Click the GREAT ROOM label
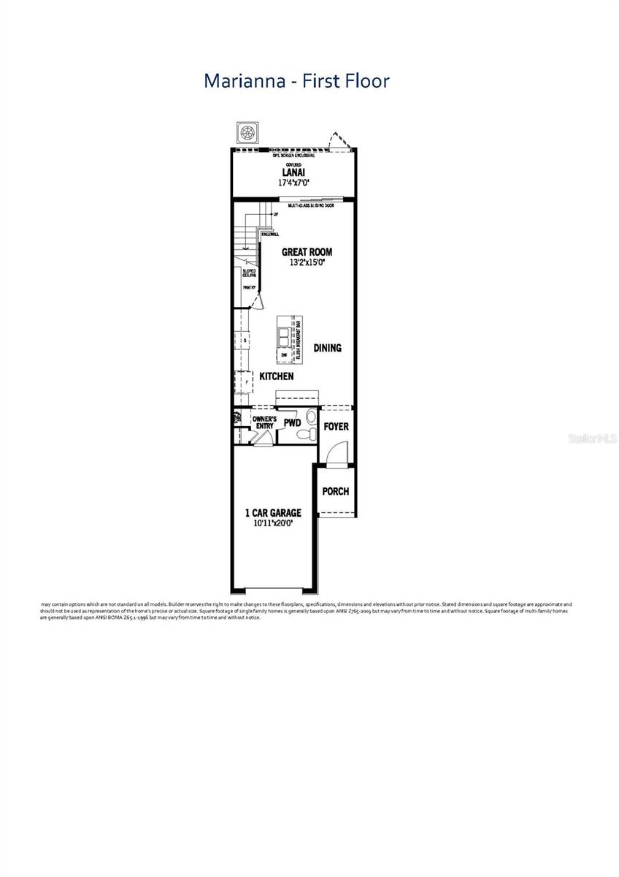click(x=307, y=252)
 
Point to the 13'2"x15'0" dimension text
click(x=307, y=262)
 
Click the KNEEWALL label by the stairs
click(x=269, y=234)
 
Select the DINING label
click(x=327, y=348)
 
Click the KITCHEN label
click(x=277, y=376)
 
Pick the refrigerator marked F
click(x=241, y=381)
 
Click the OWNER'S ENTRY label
click(x=264, y=422)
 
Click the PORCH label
click(x=335, y=491)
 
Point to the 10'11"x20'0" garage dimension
click(x=272, y=523)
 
